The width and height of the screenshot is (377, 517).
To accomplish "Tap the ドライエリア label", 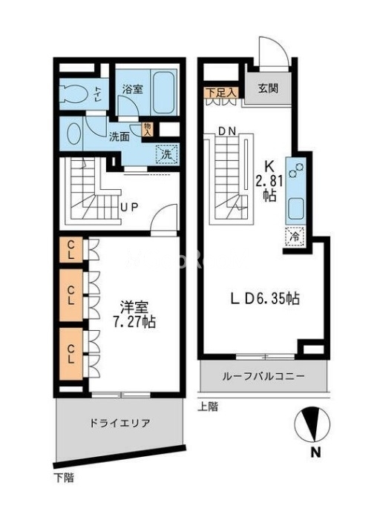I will click(120, 424).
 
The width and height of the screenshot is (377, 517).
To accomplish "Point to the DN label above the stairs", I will click(227, 131).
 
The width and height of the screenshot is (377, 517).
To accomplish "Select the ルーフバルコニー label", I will click(263, 377).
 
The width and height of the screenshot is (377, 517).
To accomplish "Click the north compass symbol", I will click(315, 427).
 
